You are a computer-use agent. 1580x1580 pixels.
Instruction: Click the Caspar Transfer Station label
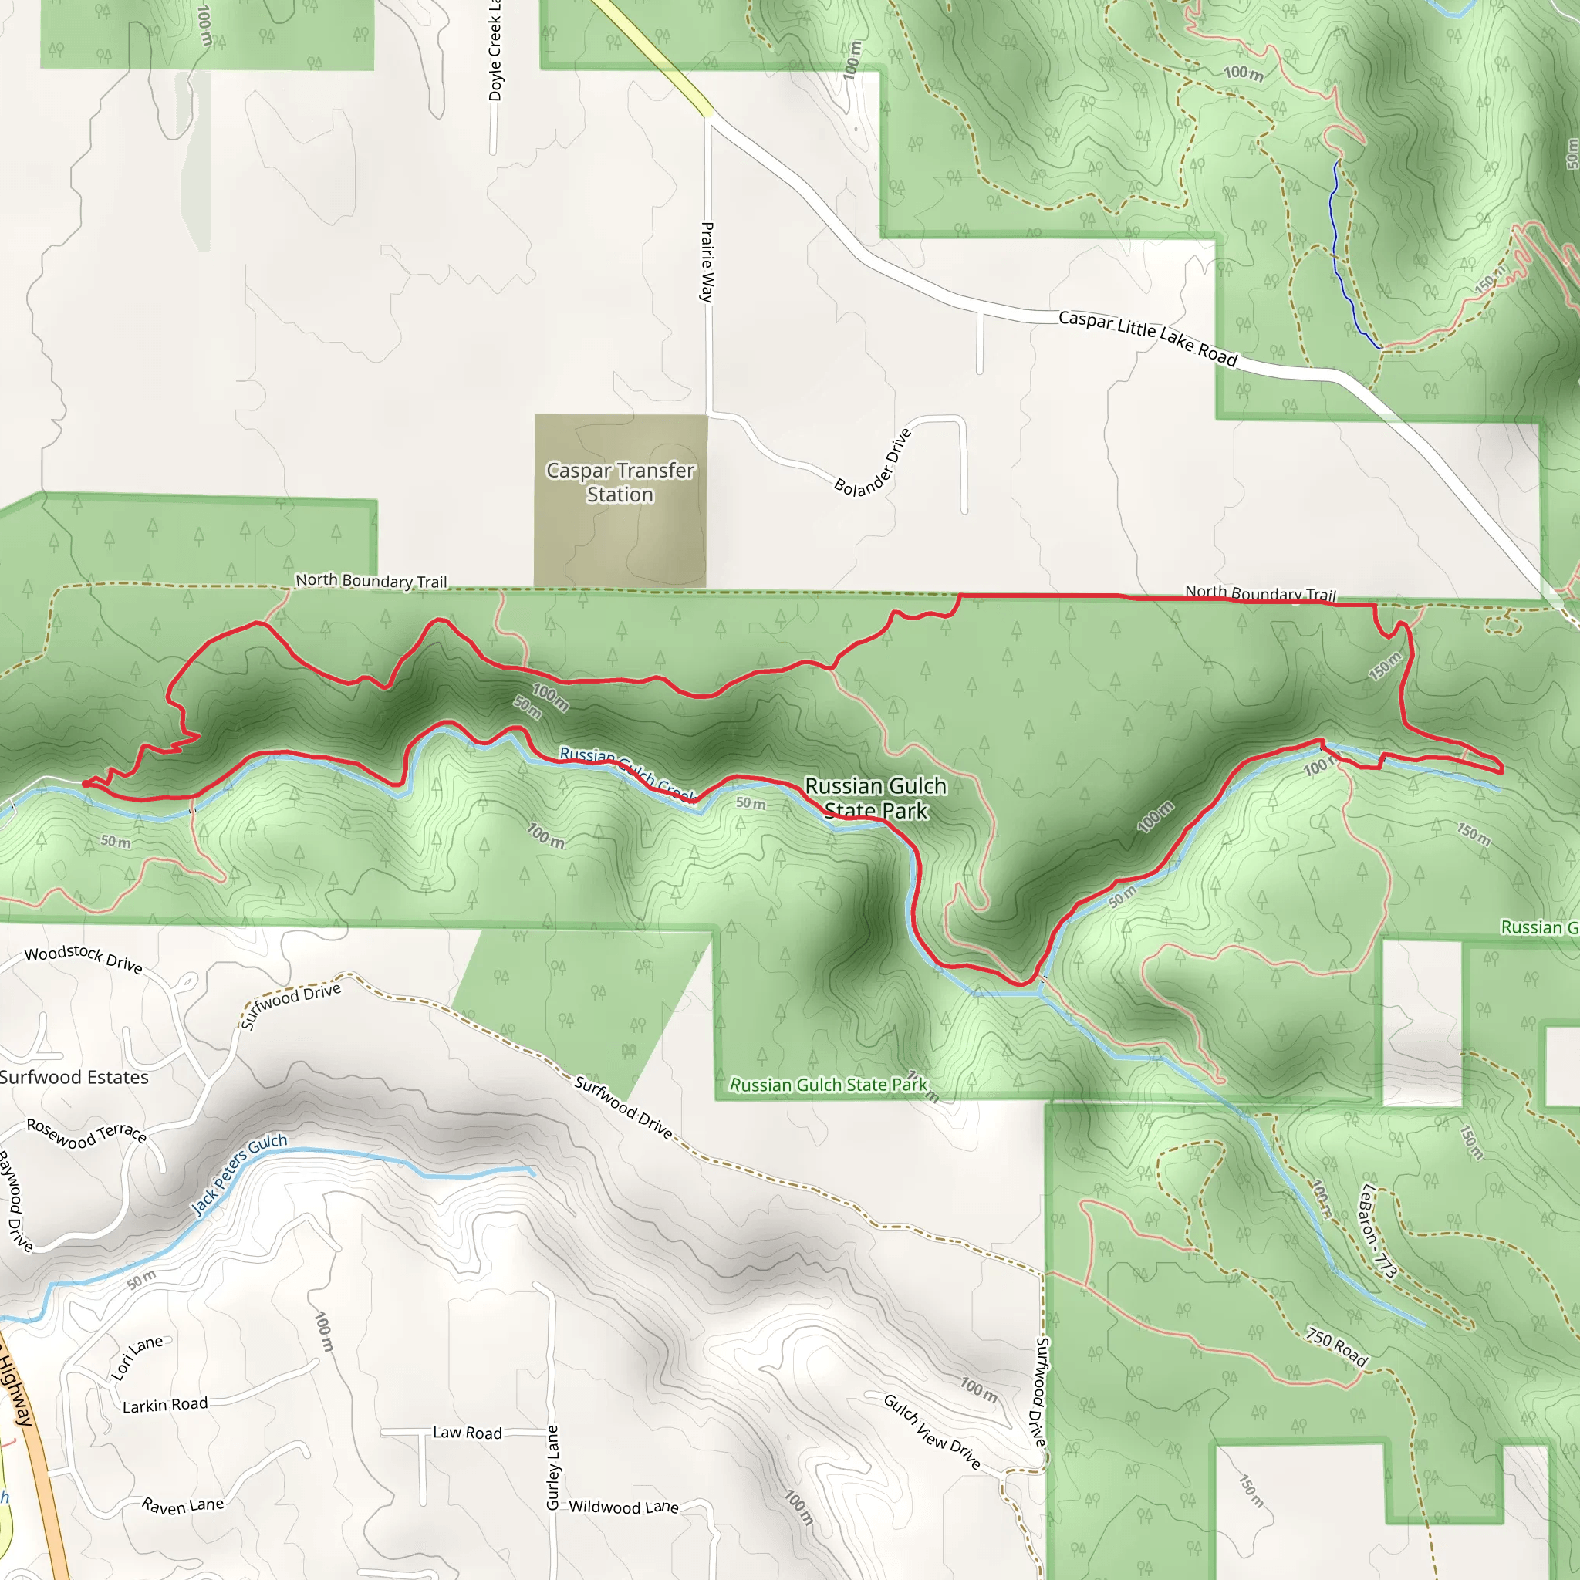coord(620,482)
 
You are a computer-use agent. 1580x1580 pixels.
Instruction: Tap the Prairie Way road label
coord(707,262)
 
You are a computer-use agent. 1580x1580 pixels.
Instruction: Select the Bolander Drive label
coord(873,463)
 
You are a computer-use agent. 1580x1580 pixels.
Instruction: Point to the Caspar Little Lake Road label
coord(1147,338)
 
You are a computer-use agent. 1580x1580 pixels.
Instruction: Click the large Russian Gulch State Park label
coord(875,798)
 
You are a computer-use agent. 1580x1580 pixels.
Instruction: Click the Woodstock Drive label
coord(83,959)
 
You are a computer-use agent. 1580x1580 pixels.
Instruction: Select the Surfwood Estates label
coord(73,1078)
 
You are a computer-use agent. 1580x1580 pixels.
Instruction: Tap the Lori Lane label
coord(137,1359)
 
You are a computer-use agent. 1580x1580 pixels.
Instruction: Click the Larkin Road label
coord(165,1405)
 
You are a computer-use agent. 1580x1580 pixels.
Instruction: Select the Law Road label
coord(467,1433)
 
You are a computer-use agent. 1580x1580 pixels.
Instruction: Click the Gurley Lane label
coord(553,1467)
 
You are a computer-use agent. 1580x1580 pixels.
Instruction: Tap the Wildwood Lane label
coord(623,1507)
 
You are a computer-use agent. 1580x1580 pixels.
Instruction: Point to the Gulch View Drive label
coord(931,1431)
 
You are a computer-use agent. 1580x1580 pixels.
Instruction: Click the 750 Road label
coord(1336,1347)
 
